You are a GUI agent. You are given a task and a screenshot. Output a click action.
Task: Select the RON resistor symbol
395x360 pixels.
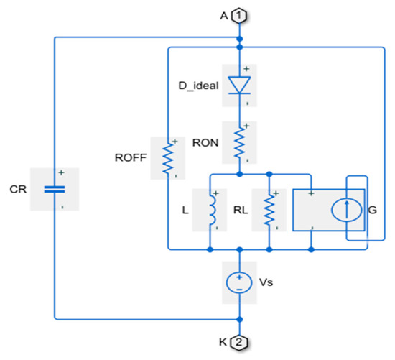tap(239, 142)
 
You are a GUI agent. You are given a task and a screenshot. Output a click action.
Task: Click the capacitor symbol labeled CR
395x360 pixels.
tap(55, 190)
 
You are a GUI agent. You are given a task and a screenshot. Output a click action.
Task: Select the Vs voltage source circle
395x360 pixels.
tap(239, 281)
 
